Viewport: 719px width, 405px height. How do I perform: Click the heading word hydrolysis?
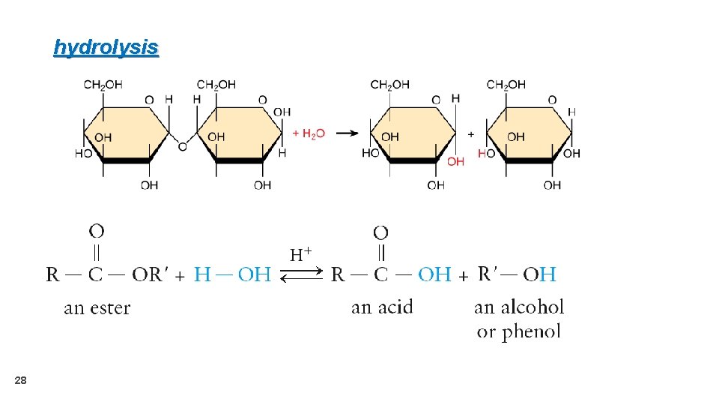[106, 48]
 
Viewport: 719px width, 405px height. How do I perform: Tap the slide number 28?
[20, 382]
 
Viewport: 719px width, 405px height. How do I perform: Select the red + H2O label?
[309, 133]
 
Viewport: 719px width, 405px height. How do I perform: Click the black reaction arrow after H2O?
[346, 133]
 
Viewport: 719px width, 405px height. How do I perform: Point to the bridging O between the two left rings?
[182, 147]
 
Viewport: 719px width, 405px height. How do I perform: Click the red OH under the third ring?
[455, 161]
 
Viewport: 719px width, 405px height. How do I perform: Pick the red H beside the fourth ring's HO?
[481, 153]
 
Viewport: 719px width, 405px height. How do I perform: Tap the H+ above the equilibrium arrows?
[300, 254]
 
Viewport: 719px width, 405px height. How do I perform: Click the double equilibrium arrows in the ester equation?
[300, 275]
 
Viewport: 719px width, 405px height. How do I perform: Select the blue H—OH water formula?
[232, 274]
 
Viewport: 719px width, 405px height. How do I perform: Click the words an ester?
[97, 307]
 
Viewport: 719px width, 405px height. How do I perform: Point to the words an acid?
[382, 307]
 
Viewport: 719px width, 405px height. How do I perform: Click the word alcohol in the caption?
[532, 307]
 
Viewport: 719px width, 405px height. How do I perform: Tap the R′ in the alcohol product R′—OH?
[488, 274]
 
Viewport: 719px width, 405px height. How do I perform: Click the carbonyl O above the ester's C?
[97, 229]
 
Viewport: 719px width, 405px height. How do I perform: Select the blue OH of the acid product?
[434, 274]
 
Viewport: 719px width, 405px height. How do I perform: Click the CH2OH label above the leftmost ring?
[103, 85]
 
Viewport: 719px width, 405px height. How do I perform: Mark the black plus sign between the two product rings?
[470, 133]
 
